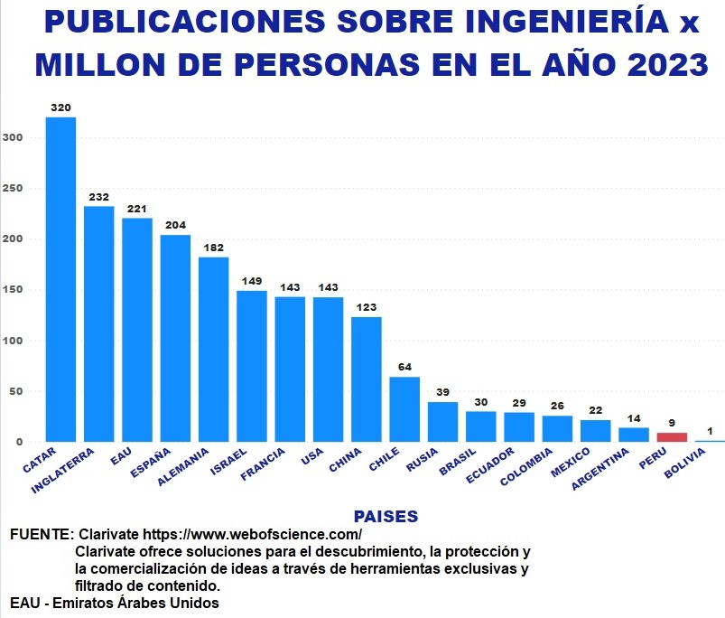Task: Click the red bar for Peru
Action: coord(672,437)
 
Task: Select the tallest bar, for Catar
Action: coord(60,279)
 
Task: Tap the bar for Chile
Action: coord(404,409)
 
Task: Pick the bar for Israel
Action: coord(252,366)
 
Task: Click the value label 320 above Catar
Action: coord(60,108)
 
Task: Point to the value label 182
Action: coord(213,248)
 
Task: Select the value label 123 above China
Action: coord(367,307)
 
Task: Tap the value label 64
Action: coord(404,367)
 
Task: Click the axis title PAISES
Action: coord(386,517)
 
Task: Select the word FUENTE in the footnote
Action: coord(39,535)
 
